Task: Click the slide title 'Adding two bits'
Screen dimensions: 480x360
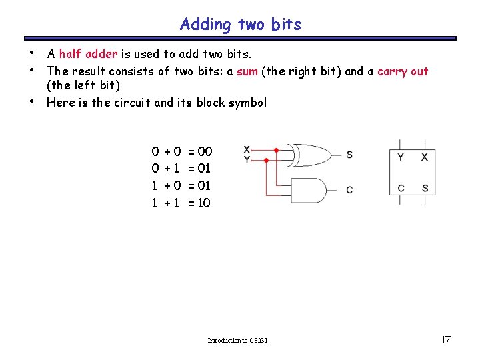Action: tap(240, 25)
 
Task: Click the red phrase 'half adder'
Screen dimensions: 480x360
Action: tap(88, 54)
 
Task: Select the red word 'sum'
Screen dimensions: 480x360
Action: tap(247, 71)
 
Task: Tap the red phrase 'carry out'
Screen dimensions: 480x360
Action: tap(403, 71)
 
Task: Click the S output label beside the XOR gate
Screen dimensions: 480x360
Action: tap(349, 155)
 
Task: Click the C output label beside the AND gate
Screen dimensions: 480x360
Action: tap(349, 190)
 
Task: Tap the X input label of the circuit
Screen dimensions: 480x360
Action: tap(247, 150)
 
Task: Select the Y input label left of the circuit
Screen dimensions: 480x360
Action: tap(247, 160)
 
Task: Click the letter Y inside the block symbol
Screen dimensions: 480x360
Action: tap(401, 157)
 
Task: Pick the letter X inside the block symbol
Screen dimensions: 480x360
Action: tap(425, 157)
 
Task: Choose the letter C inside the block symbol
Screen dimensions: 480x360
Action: tap(401, 188)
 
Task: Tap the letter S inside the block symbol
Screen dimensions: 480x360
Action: tap(425, 188)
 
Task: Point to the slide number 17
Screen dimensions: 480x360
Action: tap(446, 340)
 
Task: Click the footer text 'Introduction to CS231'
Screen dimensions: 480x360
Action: tap(237, 341)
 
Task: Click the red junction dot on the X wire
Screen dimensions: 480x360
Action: tap(277, 151)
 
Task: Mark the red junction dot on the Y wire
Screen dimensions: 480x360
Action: tap(267, 160)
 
